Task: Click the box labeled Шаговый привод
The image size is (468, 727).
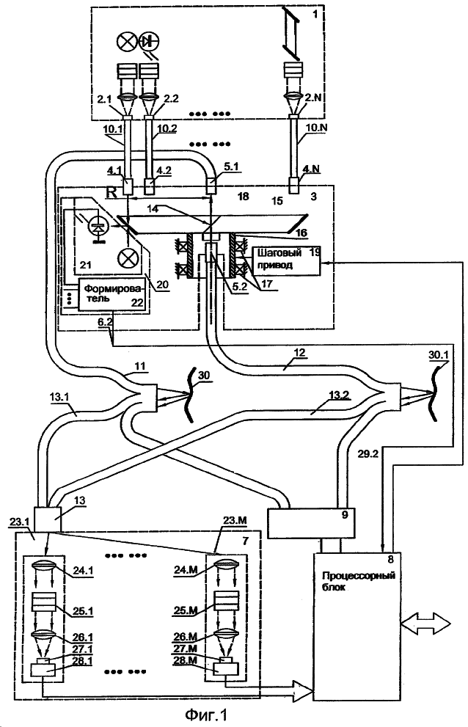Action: (x=287, y=260)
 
